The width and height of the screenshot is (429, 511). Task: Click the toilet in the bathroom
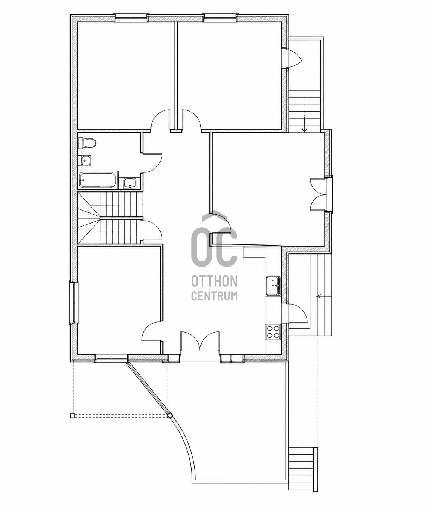87,143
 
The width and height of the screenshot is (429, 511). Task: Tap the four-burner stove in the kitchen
273,332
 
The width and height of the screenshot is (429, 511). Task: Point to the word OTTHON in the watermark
214,281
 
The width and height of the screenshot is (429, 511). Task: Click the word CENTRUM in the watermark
214,295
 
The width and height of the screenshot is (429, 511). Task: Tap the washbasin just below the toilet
85,161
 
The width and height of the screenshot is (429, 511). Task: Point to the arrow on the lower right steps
324,296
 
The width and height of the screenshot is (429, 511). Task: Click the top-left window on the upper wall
131,18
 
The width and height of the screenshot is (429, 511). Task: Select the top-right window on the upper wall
221,18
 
